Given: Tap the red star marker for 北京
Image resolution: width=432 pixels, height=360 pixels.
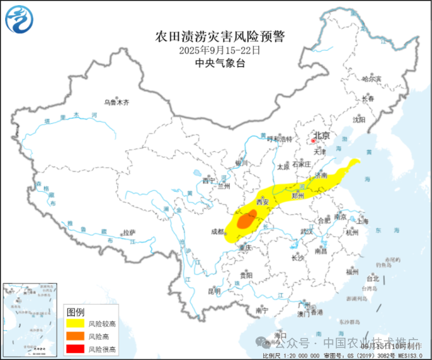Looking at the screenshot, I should point(313,135).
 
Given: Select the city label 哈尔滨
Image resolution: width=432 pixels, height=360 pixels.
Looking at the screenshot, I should point(372,79).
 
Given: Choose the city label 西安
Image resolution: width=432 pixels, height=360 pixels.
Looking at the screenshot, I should point(263,202).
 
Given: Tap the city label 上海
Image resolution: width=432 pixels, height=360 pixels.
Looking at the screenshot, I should point(363,222).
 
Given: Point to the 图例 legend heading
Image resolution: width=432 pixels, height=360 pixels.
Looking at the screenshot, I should point(76,312).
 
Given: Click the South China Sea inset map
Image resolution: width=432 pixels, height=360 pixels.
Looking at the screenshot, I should point(32,318).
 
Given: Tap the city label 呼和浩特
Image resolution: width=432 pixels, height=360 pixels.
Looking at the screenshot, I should point(280,138).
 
